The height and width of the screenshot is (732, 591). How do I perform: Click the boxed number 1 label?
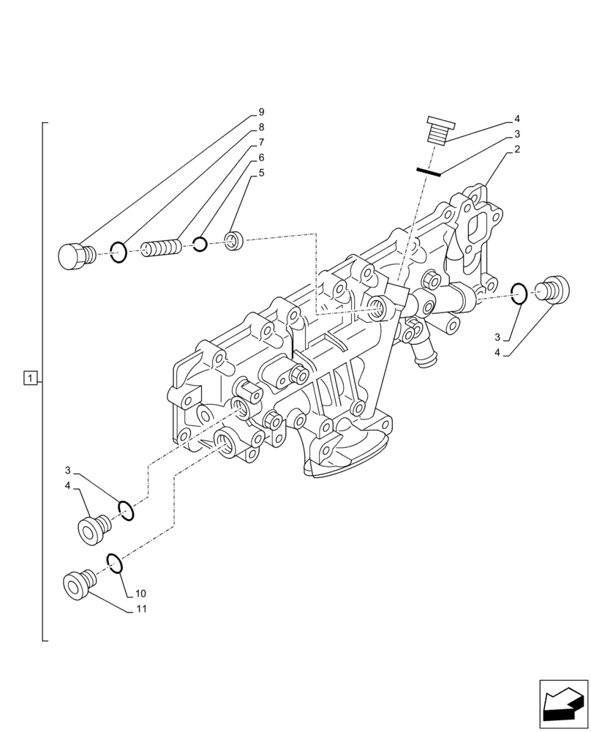point(30,378)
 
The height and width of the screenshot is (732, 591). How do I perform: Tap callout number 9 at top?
point(260,113)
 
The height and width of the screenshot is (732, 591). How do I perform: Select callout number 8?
point(260,127)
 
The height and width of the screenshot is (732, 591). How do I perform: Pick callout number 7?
point(260,143)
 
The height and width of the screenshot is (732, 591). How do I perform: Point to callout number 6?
point(260,157)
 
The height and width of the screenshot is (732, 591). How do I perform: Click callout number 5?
point(260,173)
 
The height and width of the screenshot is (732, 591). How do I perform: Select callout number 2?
point(516,149)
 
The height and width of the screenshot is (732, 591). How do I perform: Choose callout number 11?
point(140,608)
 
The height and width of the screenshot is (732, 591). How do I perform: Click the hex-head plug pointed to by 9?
point(74,255)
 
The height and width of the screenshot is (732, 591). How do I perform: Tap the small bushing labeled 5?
point(235,239)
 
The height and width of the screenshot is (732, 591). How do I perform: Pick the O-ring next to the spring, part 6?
point(200,244)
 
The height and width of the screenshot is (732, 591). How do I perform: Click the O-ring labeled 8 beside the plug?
point(118,253)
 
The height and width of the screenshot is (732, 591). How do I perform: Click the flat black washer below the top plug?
point(429,173)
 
